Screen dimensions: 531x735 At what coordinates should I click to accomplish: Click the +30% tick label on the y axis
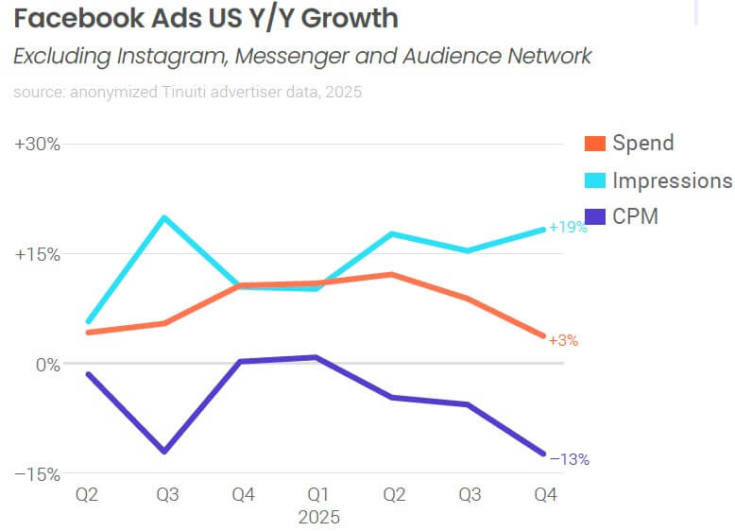point(38,145)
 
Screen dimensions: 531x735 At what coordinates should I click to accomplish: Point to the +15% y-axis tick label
point(38,254)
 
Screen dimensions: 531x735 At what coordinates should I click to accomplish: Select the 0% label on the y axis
point(45,364)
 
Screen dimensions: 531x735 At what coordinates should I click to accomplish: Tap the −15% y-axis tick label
point(38,473)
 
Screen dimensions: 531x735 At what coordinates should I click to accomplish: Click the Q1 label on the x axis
point(317,494)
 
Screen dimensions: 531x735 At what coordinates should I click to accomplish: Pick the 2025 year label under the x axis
point(318,517)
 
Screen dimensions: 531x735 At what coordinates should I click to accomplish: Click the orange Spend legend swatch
point(594,144)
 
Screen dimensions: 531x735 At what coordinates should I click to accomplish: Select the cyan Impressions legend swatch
point(594,180)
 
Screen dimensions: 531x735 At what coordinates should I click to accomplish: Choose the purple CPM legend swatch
point(594,217)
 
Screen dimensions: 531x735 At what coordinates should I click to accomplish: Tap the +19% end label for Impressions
point(569,228)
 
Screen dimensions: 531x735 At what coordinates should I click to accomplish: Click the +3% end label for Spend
point(563,340)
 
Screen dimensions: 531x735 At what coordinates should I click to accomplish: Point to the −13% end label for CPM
point(570,460)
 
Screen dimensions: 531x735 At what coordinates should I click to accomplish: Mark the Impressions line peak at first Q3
point(164,217)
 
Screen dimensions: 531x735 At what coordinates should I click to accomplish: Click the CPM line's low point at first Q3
point(164,452)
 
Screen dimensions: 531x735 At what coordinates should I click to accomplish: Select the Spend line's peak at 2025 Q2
point(392,274)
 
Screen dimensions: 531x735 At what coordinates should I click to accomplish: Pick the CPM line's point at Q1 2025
point(317,357)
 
